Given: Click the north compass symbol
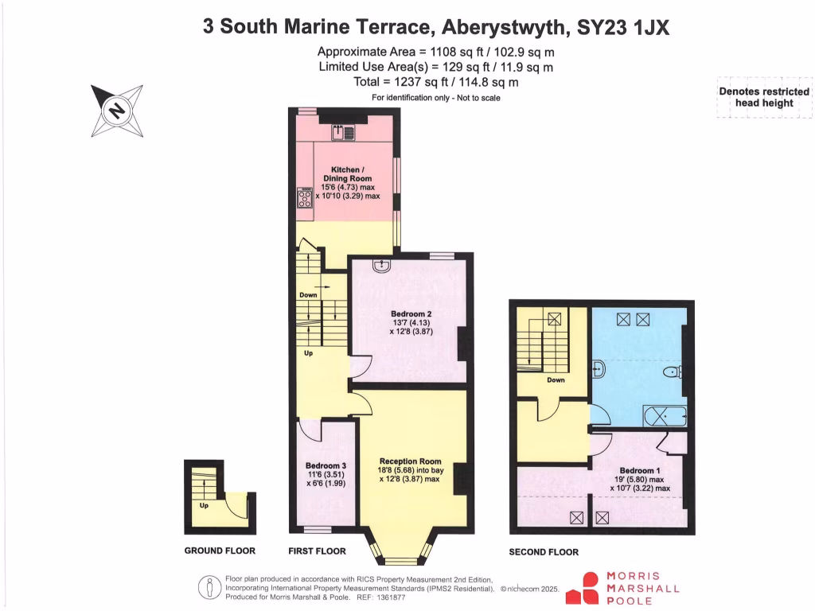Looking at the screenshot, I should click(116, 110).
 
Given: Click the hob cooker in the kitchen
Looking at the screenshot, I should click(304, 198).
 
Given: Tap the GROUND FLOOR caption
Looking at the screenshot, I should click(220, 551).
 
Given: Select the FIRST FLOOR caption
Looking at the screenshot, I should click(317, 551).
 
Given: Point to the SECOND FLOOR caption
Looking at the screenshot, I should click(544, 551).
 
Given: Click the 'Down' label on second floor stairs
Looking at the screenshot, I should click(556, 380).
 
